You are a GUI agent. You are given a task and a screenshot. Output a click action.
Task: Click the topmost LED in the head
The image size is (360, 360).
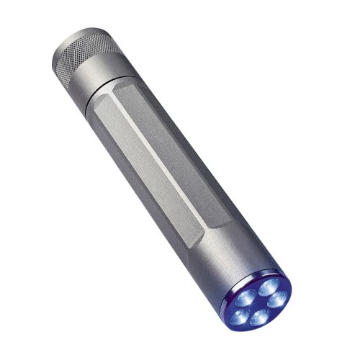pos(269,288)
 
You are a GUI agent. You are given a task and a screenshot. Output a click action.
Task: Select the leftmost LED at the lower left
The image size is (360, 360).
pos(240,317)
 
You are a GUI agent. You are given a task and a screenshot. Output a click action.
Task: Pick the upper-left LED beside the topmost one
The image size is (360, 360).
pos(244,298)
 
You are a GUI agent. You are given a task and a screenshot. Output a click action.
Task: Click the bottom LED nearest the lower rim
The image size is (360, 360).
pos(259,320)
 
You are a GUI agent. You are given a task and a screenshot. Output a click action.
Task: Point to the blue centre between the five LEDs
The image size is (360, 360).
pos(259,305)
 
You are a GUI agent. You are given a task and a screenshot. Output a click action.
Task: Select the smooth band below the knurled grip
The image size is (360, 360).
pos(101,76)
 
